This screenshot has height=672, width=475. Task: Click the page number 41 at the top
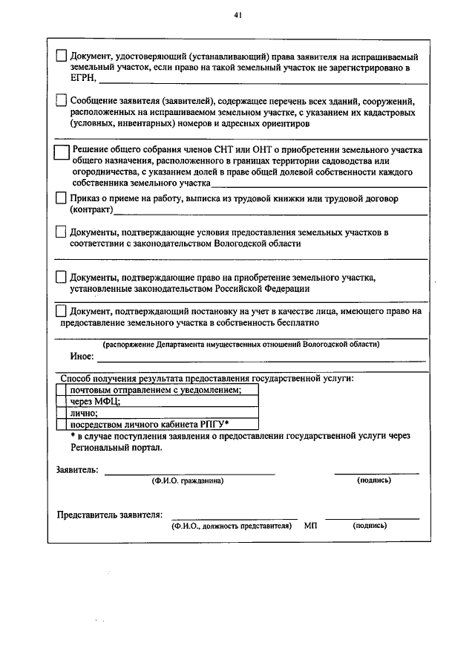(237, 14)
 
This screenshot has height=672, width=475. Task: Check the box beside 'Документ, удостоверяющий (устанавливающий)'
(62, 56)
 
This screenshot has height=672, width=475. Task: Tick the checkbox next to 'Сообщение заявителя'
(62, 100)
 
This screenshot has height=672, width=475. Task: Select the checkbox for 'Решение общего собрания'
(62, 151)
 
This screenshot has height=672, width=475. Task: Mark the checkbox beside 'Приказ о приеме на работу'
(62, 198)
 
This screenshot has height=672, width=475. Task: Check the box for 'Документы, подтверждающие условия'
(62, 232)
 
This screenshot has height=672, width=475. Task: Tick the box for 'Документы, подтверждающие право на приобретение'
(62, 277)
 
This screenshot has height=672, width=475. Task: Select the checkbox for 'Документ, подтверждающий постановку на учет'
(62, 311)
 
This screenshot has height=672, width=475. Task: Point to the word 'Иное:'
(82, 356)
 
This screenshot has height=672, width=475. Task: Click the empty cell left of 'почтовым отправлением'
(62, 389)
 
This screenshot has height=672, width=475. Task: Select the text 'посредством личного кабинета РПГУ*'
(149, 424)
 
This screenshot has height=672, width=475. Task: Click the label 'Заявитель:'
(77, 470)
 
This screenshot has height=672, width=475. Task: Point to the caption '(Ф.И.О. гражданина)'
(188, 480)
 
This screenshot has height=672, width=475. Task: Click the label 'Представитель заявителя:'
(110, 515)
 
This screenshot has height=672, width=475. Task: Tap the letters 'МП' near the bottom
(310, 525)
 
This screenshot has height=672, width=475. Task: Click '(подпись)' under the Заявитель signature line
(375, 480)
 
